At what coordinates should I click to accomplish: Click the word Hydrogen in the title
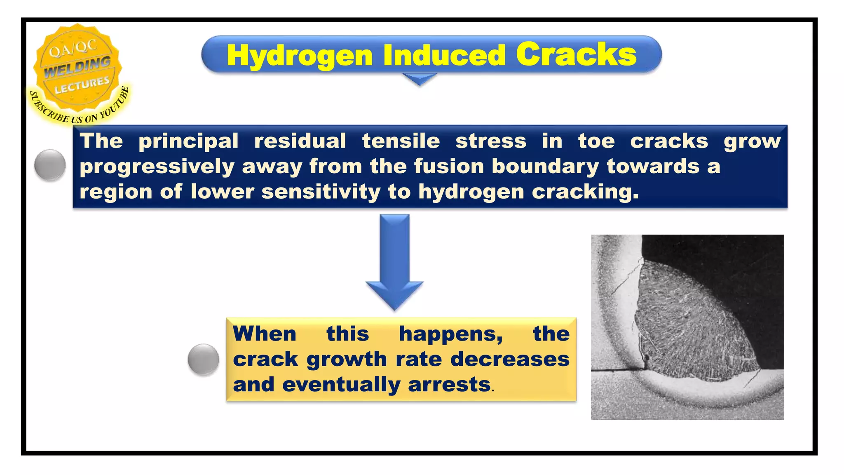pyautogui.click(x=300, y=56)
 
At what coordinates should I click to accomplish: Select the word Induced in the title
pyautogui.click(x=444, y=55)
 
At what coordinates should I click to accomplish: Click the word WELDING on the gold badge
pyautogui.click(x=77, y=67)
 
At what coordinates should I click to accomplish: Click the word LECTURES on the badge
pyautogui.click(x=82, y=85)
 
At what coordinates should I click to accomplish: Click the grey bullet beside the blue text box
pyautogui.click(x=50, y=165)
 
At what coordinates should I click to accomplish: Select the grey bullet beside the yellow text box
pyautogui.click(x=203, y=360)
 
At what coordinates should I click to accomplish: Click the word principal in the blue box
pyautogui.click(x=188, y=141)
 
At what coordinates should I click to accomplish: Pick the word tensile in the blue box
pyautogui.click(x=401, y=141)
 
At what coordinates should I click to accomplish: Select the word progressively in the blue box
pyautogui.click(x=157, y=167)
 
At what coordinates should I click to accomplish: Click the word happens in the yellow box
pyautogui.click(x=450, y=334)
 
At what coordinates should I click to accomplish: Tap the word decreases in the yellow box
pyautogui.click(x=510, y=359)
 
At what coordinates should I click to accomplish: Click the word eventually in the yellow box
pyautogui.click(x=341, y=385)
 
